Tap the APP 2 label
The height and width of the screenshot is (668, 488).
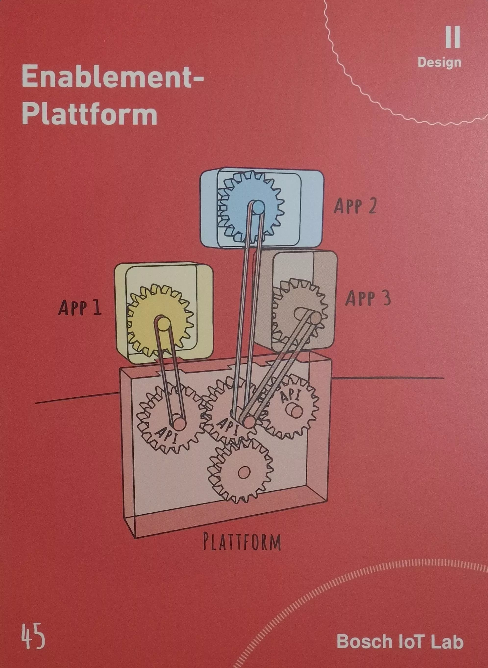[x=355, y=206]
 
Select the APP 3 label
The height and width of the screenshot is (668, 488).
[x=368, y=298]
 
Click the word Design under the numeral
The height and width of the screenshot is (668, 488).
[x=439, y=62]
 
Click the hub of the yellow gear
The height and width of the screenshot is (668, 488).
[x=162, y=324]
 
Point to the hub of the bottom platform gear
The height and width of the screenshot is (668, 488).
[x=244, y=473]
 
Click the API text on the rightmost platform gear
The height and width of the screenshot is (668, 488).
[x=291, y=396]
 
